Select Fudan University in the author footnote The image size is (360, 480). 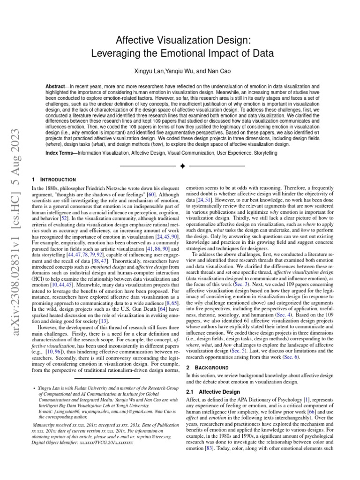click(x=84, y=389)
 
